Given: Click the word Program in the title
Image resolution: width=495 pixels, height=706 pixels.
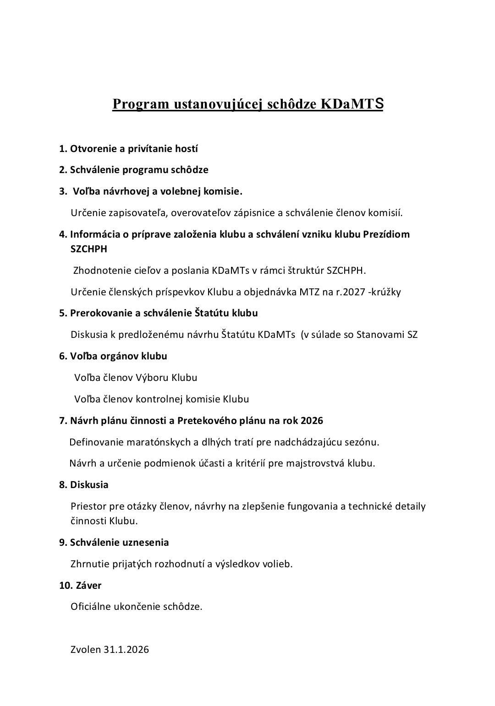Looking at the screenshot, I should (x=135, y=104).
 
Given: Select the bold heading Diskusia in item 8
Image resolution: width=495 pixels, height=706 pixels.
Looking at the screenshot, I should (x=89, y=484).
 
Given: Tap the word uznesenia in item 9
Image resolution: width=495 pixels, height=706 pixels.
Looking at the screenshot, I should (x=145, y=543).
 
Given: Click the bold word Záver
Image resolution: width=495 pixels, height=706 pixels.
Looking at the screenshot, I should (x=88, y=585).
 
